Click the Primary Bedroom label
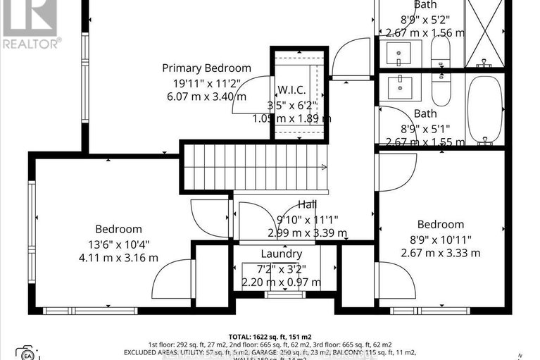206,68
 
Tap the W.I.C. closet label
290,89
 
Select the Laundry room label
281,254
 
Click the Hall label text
306,204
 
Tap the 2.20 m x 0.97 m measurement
281,282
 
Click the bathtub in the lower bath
484,110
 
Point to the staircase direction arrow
322,167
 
